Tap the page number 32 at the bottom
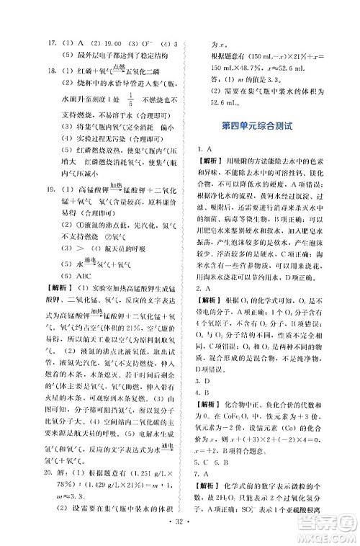point(180,535)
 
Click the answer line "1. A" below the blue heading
point(207,147)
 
